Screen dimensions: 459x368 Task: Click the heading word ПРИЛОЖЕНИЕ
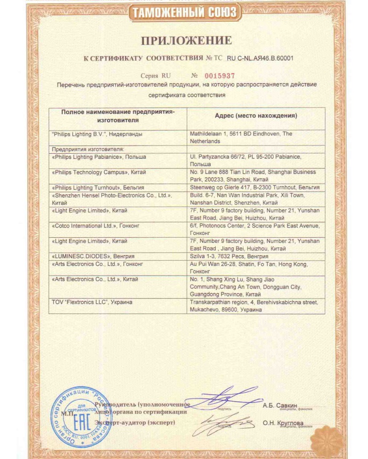[x=186, y=41]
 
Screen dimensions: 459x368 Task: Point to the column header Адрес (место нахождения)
[x=256, y=116]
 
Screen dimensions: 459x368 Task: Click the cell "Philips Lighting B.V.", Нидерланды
[x=98, y=134]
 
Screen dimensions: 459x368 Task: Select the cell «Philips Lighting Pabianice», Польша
[x=93, y=157]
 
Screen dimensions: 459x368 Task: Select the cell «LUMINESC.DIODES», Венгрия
[x=87, y=257]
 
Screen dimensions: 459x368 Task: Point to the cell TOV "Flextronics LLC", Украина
[x=92, y=302]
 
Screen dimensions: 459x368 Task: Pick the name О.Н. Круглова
[x=283, y=423]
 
